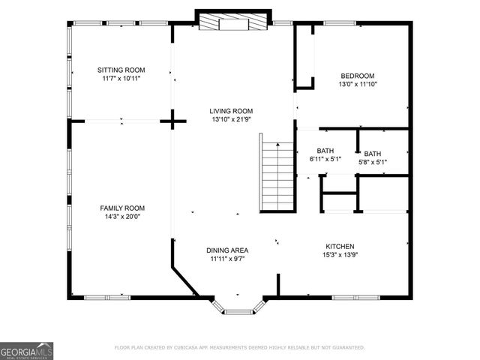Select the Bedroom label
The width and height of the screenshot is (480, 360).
pyautogui.click(x=358, y=76)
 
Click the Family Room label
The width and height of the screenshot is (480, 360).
pyautogui.click(x=122, y=208)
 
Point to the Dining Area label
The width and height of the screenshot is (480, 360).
pyautogui.click(x=227, y=250)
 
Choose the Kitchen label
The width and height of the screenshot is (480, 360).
pyautogui.click(x=339, y=247)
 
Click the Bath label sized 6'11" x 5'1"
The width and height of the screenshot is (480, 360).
pyautogui.click(x=325, y=150)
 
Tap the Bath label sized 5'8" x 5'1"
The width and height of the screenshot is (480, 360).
pyautogui.click(x=372, y=154)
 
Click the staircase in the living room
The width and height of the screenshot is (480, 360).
pyautogui.click(x=277, y=172)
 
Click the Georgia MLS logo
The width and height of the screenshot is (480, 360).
pyautogui.click(x=26, y=350)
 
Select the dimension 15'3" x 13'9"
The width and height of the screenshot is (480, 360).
pyautogui.click(x=339, y=255)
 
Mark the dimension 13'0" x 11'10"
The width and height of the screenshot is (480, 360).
pyautogui.click(x=358, y=84)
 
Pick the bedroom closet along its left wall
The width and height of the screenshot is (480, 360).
pyautogui.click(x=304, y=57)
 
